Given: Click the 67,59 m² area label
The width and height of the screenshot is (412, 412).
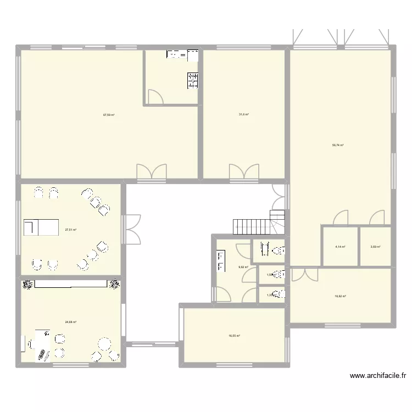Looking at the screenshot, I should pyautogui.click(x=108, y=115).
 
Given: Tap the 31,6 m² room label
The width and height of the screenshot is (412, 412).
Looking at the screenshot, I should pyautogui.click(x=244, y=114).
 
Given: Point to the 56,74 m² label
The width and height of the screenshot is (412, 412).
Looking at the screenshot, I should pyautogui.click(x=338, y=146).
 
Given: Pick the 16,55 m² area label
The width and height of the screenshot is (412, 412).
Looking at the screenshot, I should pyautogui.click(x=235, y=336).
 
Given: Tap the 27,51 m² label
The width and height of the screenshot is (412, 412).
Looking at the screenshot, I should pyautogui.click(x=70, y=230).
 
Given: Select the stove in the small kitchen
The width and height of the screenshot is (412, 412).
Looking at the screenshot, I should pyautogui.click(x=192, y=80).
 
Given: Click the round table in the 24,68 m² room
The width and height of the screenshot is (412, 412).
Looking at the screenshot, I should pyautogui.click(x=104, y=346).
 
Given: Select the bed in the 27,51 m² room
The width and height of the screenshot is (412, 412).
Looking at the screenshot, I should pyautogui.click(x=41, y=226).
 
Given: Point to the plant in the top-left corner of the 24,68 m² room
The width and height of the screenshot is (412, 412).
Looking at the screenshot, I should pyautogui.click(x=27, y=284).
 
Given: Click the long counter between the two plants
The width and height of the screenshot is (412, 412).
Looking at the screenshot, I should pyautogui.click(x=70, y=283).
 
